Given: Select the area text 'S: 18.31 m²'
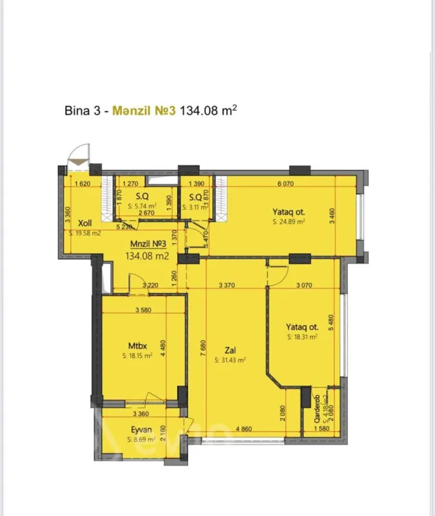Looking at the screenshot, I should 303,337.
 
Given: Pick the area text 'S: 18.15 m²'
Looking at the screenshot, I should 137,355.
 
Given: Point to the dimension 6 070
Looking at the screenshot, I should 285,184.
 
